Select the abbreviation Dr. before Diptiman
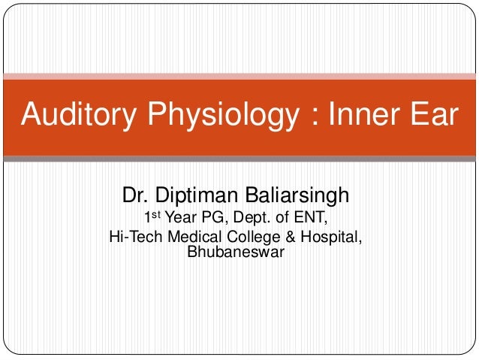point(136,196)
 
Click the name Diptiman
point(197,196)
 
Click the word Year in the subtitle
point(180,219)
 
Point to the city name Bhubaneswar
point(235,253)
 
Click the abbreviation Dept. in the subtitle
point(255,219)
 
